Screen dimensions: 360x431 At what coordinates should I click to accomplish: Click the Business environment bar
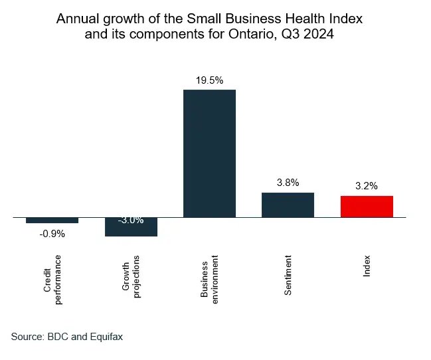click(209, 153)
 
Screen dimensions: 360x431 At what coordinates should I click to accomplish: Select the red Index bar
click(367, 207)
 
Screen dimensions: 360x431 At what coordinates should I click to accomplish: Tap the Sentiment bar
click(288, 205)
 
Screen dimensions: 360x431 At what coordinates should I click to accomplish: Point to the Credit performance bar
click(52, 220)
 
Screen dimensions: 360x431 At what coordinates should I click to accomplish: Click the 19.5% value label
click(209, 80)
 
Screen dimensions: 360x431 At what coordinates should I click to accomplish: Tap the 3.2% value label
click(366, 186)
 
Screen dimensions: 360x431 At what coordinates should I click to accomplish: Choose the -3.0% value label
click(131, 220)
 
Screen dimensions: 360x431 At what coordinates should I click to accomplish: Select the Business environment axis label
click(209, 278)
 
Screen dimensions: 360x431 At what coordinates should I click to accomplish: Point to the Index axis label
click(367, 265)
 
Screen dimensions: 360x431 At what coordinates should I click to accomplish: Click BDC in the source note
click(58, 337)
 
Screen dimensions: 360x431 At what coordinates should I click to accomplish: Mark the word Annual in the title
click(76, 18)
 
